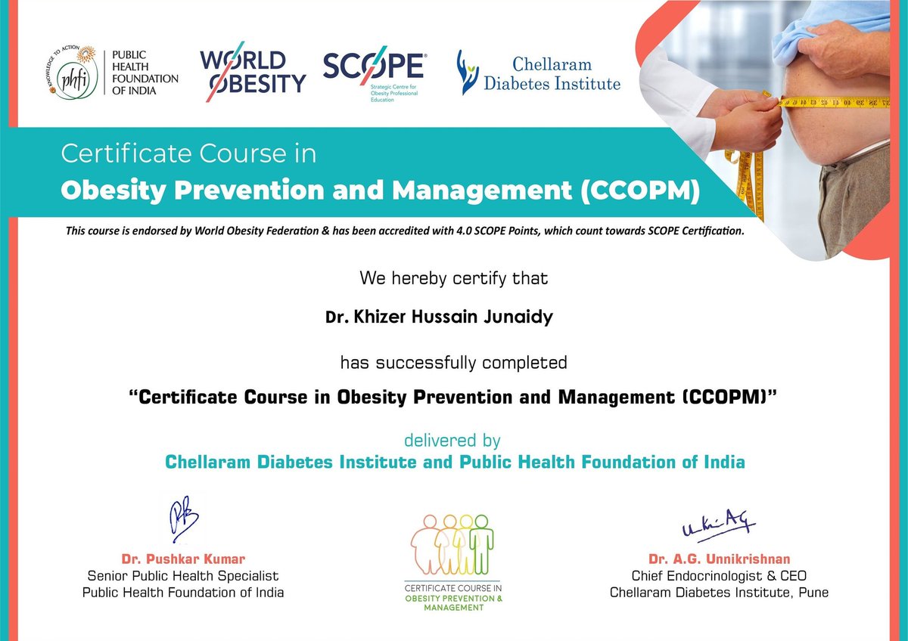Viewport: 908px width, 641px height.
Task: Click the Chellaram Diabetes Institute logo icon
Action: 468,73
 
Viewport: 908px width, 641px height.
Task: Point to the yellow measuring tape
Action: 817,102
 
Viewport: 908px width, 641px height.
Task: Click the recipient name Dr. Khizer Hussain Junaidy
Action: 439,317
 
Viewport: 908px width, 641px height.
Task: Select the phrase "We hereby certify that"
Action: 453,277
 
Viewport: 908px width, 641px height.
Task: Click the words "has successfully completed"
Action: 453,362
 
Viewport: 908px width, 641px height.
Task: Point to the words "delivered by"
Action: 452,440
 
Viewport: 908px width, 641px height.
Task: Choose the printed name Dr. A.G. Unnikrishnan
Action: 719,559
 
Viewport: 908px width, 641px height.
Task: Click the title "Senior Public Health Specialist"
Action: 183,576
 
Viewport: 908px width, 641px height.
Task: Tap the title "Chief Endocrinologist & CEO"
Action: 719,576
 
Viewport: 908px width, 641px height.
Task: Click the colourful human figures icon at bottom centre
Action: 452,544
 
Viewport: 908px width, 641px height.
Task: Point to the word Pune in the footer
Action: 812,593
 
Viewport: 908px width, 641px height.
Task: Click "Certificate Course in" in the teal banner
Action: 188,155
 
